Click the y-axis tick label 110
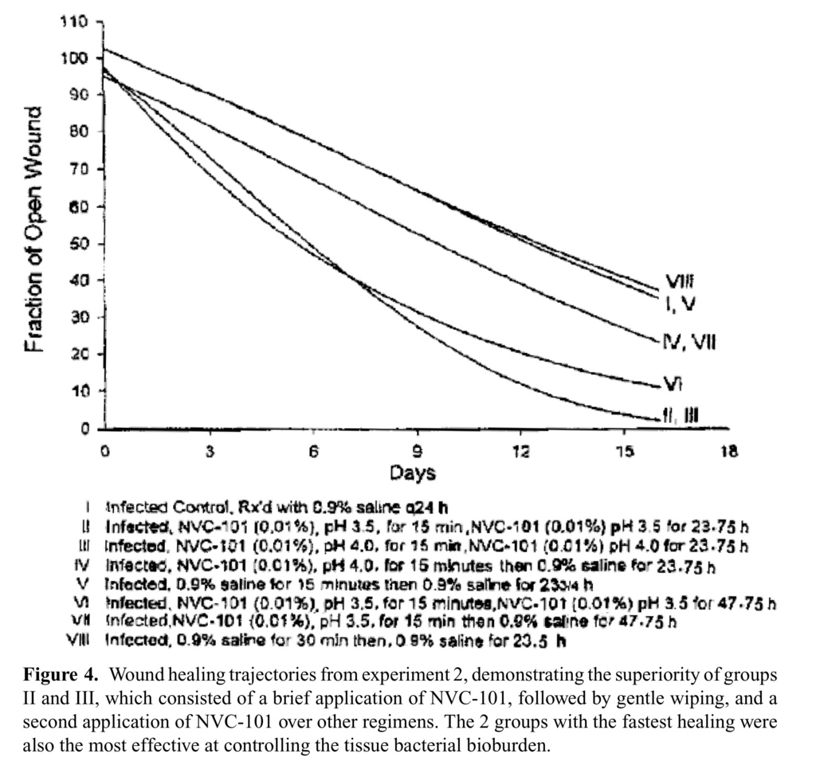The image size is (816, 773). [x=76, y=22]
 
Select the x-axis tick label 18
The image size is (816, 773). [x=728, y=451]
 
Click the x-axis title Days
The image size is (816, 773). [x=413, y=473]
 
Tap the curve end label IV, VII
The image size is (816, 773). [x=689, y=343]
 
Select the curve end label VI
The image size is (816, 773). [x=673, y=384]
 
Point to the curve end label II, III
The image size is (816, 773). [x=683, y=413]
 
